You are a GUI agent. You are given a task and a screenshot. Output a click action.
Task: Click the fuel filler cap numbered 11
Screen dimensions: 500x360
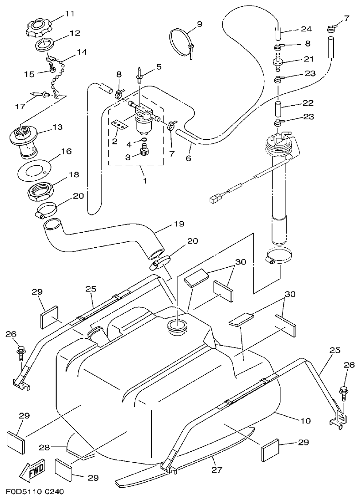[40, 28]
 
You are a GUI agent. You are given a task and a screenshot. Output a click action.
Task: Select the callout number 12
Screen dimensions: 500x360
[74, 33]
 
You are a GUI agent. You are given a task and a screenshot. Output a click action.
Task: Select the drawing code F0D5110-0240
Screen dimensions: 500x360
[35, 492]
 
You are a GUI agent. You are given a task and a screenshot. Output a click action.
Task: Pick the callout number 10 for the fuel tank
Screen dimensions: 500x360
[306, 421]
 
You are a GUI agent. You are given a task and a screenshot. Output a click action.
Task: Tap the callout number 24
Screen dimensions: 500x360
[306, 29]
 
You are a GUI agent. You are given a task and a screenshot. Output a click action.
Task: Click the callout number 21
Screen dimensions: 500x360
[309, 59]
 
